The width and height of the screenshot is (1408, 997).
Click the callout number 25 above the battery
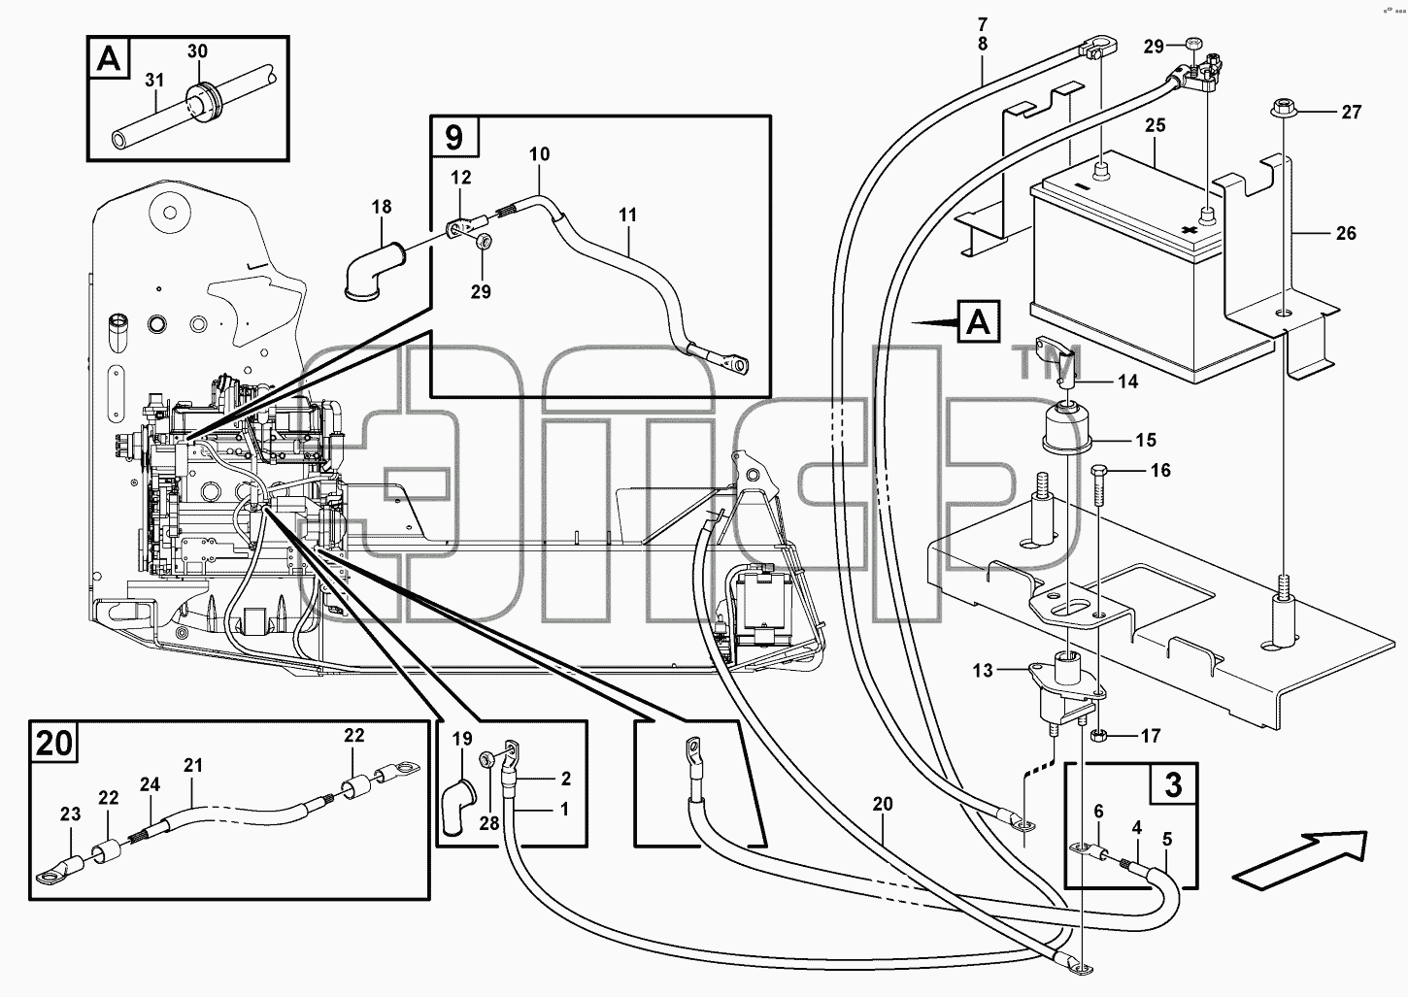pyautogui.click(x=1156, y=125)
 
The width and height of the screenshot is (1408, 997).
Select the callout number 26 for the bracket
pyautogui.click(x=1346, y=233)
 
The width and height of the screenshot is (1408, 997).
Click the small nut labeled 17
pyautogui.click(x=1099, y=735)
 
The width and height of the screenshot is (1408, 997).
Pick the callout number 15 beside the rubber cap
pyautogui.click(x=1146, y=440)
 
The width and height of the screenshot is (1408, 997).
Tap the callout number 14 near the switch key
pyautogui.click(x=1128, y=382)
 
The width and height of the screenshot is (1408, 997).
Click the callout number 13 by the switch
pyautogui.click(x=983, y=670)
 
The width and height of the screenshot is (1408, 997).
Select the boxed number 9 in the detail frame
pyautogui.click(x=453, y=137)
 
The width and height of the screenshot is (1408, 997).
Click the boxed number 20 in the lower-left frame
pyautogui.click(x=54, y=744)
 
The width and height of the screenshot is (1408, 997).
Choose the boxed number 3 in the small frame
pyautogui.click(x=1174, y=785)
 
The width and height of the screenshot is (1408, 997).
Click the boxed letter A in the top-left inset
pyautogui.click(x=110, y=58)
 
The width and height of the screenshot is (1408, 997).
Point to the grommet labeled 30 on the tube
pyautogui.click(x=202, y=100)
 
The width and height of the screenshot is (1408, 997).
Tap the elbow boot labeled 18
pyautogui.click(x=375, y=267)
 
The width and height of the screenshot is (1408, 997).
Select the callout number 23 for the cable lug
pyautogui.click(x=70, y=814)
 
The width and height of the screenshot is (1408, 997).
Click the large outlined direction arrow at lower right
pyautogui.click(x=1300, y=860)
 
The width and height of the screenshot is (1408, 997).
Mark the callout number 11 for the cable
pyautogui.click(x=627, y=215)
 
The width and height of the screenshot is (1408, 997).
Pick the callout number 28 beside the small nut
pyautogui.click(x=489, y=823)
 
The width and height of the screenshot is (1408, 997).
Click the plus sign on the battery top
pyautogui.click(x=1187, y=230)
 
